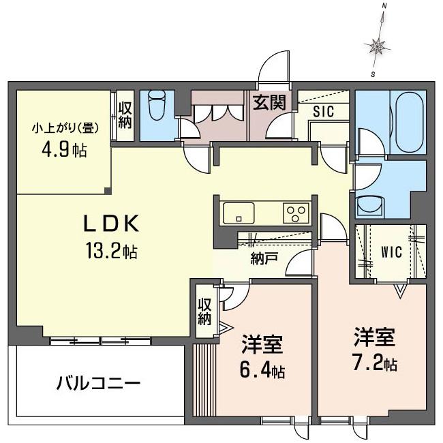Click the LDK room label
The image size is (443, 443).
pos(110,223)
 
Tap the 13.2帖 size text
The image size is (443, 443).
pos(112,250)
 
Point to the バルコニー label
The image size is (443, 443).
pos(99,384)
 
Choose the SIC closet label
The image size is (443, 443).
pos(324,112)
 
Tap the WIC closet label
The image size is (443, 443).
pos(391,252)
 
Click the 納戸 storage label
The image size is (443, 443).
pos(264,258)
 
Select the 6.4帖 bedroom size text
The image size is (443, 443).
pos(262,370)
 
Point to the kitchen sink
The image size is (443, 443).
pos(239,213)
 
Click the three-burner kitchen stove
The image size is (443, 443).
pos(296,213)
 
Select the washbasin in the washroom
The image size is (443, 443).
pos(370,207)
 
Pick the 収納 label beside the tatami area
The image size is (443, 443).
pos(125,115)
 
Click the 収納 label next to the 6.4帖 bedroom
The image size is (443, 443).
pos(204,311)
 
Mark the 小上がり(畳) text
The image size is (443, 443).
pos(65,129)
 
